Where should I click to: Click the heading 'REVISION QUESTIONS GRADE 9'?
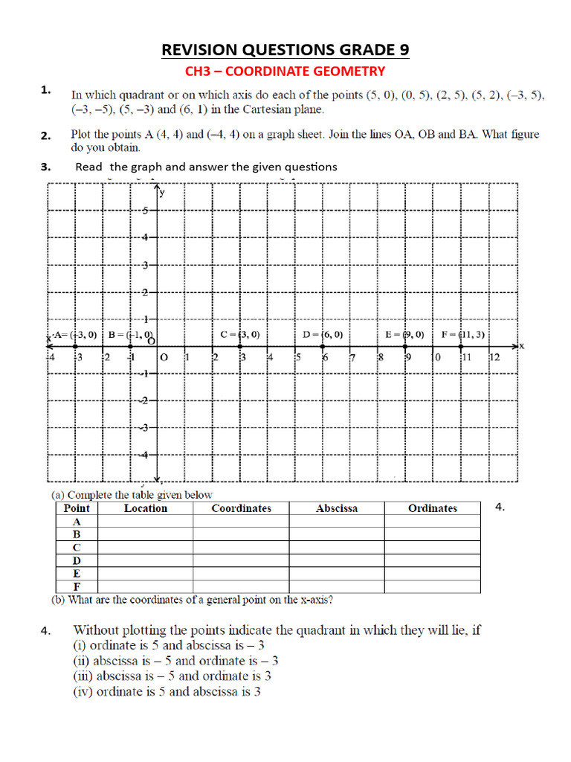285,50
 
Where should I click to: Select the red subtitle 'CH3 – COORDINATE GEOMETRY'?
285,71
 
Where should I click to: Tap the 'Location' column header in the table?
145,508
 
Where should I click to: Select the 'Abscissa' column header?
336,508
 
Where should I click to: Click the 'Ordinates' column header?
432,508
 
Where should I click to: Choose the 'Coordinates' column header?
241,508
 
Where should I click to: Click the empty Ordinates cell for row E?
432,574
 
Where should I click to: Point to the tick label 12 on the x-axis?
494,358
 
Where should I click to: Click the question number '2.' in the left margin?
45,135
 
